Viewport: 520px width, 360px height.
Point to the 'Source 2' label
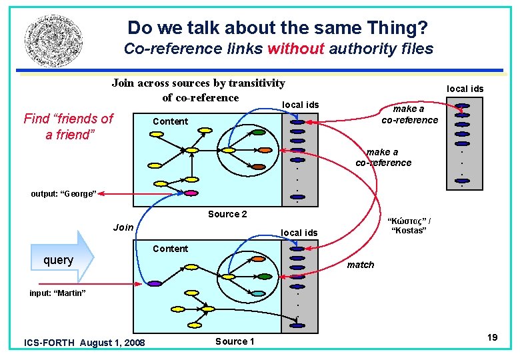pos(227,214)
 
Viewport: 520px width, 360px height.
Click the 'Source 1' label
pos(235,341)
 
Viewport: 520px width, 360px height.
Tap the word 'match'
pos(361,265)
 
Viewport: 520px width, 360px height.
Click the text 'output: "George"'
pos(64,194)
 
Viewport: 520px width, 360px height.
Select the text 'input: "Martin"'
pos(57,293)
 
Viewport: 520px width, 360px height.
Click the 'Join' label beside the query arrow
pos(123,227)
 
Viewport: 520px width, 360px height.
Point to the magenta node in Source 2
pos(190,193)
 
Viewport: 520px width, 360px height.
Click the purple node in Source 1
pos(155,283)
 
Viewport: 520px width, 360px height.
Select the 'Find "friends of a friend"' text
pos(68,127)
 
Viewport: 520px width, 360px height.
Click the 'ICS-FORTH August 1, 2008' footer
pos(84,343)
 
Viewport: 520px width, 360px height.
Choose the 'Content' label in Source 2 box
pos(170,121)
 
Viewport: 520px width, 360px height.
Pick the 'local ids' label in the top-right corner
pos(465,89)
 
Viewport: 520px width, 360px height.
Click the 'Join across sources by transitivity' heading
pos(198,83)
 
